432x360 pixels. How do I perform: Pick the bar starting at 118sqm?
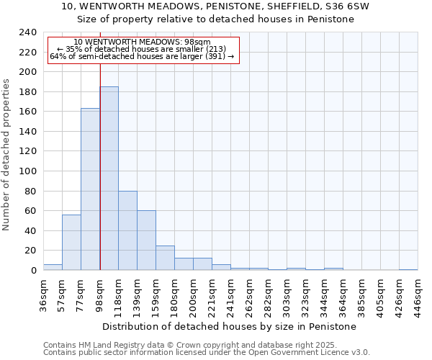pyautogui.click(x=127, y=230)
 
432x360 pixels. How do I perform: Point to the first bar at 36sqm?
pyautogui.click(x=53, y=267)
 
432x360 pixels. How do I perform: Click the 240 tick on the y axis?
pyautogui.click(x=28, y=32)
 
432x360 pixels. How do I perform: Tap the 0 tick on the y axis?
pyautogui.click(x=34, y=270)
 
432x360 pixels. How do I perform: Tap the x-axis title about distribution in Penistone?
pyautogui.click(x=229, y=326)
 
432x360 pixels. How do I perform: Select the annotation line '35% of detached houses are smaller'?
pyautogui.click(x=142, y=49)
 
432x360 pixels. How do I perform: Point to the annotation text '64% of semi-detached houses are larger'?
pyautogui.click(x=142, y=56)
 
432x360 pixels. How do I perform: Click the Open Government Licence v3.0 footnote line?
pyautogui.click(x=207, y=352)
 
